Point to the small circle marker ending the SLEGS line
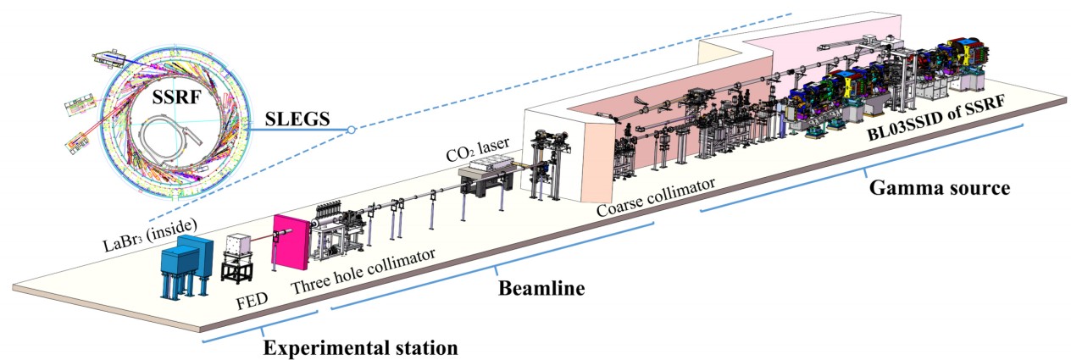[x=348, y=130]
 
